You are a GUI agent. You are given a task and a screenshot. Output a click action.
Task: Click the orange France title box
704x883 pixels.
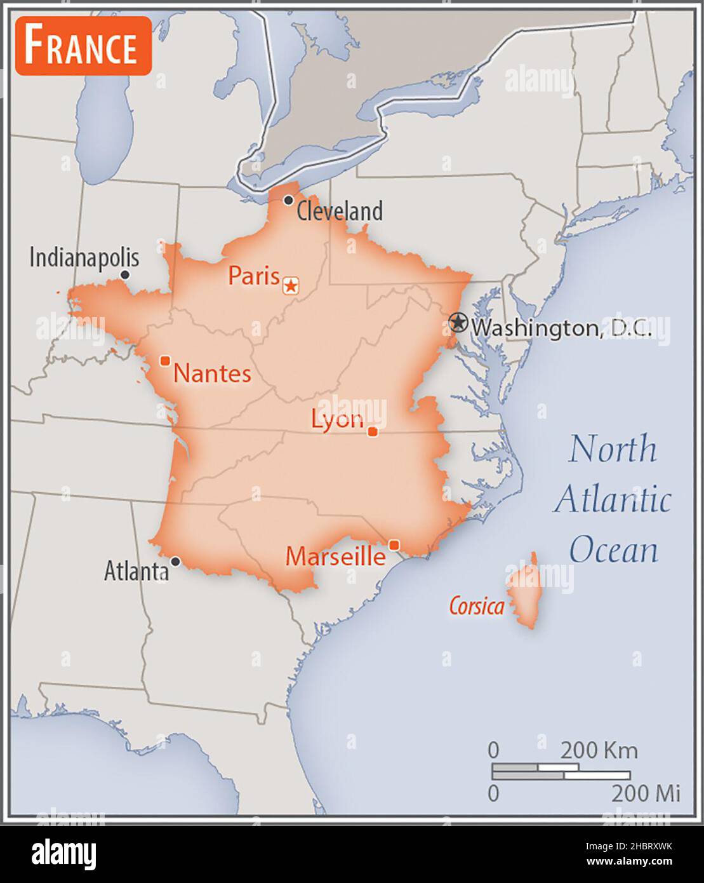[83, 46]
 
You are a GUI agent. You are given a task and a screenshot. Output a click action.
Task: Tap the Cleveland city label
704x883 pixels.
[340, 211]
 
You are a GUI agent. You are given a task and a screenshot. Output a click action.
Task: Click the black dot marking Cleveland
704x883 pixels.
[288, 200]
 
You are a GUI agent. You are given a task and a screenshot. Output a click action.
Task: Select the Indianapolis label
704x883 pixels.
[84, 257]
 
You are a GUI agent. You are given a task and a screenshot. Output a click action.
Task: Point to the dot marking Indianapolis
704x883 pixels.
[125, 274]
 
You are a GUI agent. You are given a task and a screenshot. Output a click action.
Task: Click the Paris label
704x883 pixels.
[254, 276]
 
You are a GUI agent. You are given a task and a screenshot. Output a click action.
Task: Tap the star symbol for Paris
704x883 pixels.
[291, 286]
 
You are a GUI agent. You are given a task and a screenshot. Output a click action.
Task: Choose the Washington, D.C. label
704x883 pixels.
[561, 328]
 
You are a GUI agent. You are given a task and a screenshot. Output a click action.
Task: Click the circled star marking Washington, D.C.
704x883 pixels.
[457, 323]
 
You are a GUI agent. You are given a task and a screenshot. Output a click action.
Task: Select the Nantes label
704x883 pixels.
[212, 373]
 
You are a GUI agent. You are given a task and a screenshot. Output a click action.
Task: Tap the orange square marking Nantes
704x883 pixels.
[165, 361]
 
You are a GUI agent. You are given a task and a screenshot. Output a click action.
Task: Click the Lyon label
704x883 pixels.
[337, 419]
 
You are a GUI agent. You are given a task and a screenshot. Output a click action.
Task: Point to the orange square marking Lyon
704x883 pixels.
[373, 432]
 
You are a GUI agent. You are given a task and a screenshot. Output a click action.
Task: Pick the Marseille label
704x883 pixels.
[335, 556]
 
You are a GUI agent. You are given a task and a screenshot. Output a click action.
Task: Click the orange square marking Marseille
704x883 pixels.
[394, 545]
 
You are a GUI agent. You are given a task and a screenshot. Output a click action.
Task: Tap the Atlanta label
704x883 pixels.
[136, 571]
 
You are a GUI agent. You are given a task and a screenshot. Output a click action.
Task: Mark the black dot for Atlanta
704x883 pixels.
[175, 562]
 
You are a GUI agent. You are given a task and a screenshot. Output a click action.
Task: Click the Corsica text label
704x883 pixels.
[477, 606]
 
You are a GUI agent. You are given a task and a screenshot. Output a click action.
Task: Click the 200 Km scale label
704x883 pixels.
[599, 750]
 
